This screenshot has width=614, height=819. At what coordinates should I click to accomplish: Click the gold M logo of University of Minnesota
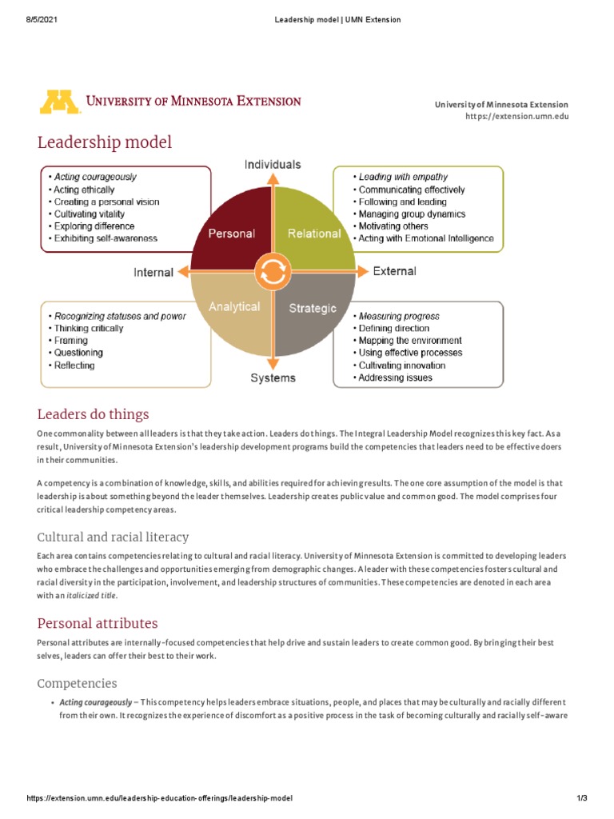(59, 102)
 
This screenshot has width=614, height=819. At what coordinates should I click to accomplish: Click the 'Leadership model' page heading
(105, 143)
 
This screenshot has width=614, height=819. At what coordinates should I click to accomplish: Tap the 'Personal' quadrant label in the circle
(231, 234)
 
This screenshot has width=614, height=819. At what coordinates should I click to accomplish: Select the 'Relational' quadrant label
(314, 234)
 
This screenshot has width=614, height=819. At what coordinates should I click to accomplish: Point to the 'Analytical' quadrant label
(234, 306)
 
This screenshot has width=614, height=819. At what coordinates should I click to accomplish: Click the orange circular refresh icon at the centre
(273, 273)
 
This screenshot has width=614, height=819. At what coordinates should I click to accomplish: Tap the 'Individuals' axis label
(273, 164)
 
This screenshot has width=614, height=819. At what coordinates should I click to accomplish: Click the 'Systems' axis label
(273, 378)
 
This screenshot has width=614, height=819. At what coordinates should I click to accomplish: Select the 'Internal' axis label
(153, 273)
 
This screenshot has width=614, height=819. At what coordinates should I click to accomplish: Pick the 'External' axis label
(394, 271)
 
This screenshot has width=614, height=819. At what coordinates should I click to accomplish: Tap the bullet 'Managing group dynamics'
(412, 214)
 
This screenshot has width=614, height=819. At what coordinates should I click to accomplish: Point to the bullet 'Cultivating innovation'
(402, 366)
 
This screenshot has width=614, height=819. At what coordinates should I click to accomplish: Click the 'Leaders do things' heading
(94, 414)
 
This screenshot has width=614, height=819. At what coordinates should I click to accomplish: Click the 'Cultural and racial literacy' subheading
(114, 537)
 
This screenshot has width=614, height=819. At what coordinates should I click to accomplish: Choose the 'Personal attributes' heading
(98, 623)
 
